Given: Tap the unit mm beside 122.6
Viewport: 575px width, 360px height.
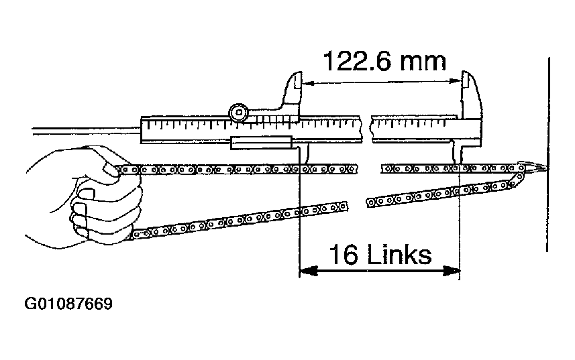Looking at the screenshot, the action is tap(423, 62).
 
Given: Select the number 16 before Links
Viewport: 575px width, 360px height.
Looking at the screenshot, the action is tap(344, 255).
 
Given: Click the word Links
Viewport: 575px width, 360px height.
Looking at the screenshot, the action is tap(399, 255).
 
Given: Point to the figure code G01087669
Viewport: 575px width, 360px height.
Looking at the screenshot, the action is tap(68, 304).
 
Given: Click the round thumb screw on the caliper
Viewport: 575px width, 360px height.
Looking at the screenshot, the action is tap(238, 113).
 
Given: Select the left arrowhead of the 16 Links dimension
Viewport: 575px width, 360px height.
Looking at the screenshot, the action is tap(308, 271).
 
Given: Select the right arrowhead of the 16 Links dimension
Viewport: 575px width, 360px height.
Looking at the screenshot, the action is tap(452, 271).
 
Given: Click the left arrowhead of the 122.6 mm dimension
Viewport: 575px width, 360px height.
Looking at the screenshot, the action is tap(308, 83).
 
